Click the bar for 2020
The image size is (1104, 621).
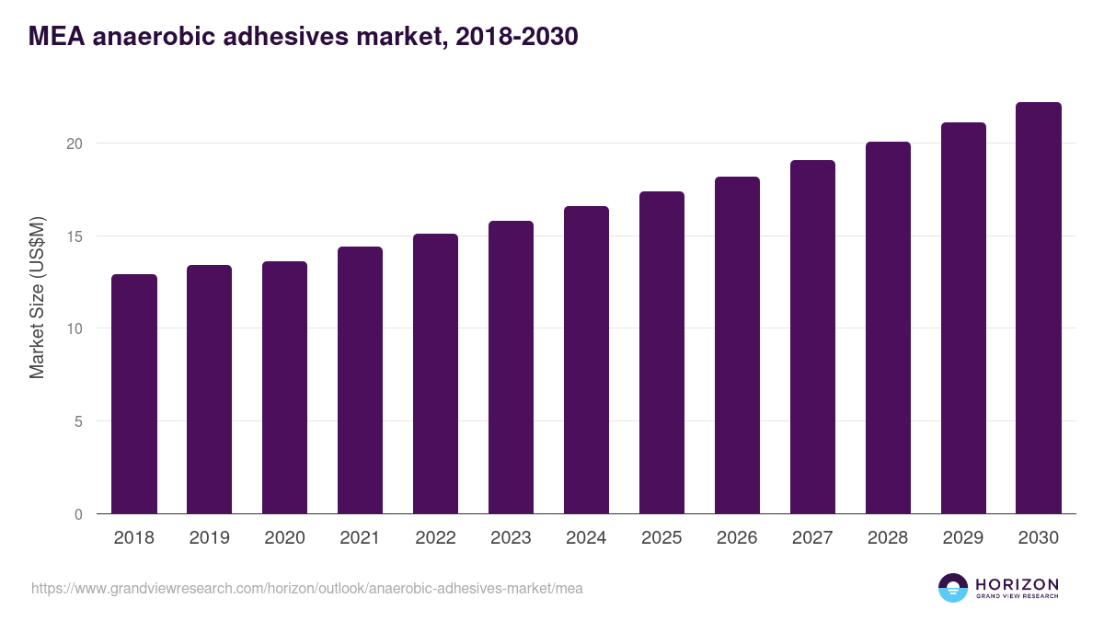click(285, 387)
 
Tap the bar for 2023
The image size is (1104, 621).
click(511, 367)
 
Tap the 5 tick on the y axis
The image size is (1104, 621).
click(78, 421)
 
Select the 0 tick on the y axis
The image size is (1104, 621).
click(78, 514)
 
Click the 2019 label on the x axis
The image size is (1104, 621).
click(209, 538)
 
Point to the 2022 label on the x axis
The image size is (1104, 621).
click(435, 538)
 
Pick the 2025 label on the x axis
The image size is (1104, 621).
click(661, 538)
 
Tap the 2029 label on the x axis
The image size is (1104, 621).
click(963, 538)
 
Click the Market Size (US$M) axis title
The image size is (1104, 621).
click(37, 297)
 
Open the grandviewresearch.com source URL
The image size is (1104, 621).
click(306, 588)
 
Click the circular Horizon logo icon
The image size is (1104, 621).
click(953, 588)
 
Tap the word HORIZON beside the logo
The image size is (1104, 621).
click(1017, 583)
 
